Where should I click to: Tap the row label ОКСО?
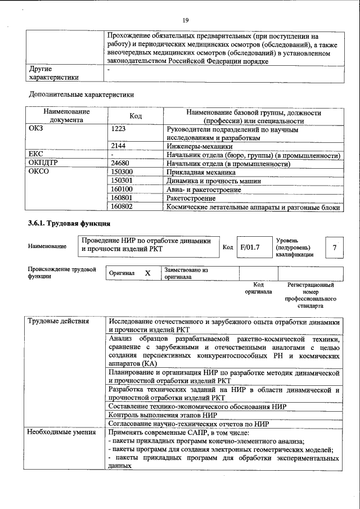point(39,172)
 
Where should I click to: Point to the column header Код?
point(135,116)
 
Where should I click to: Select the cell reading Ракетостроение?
point(191,198)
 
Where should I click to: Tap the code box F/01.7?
point(250,246)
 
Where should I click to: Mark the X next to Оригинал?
point(147,273)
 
